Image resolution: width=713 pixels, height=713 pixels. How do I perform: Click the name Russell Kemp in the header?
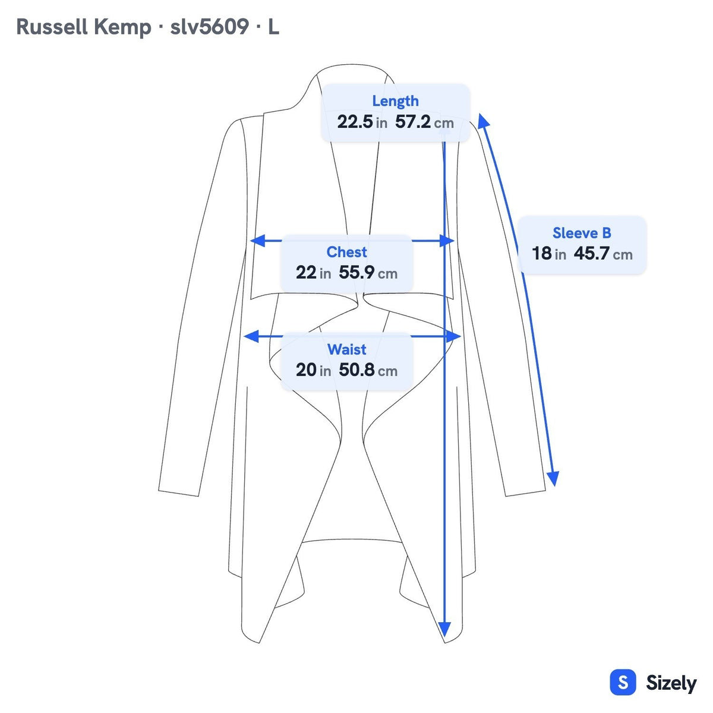point(84,27)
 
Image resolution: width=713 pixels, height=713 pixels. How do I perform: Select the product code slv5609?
point(209,27)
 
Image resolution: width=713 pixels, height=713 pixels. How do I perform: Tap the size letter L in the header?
point(273,27)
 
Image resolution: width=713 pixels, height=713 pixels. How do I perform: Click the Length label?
point(395,101)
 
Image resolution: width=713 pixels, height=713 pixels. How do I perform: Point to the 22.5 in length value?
point(362,122)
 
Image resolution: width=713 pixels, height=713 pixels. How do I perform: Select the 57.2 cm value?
point(424,122)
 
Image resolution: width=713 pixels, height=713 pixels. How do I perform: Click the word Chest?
point(346,252)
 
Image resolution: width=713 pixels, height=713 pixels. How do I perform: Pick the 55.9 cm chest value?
point(368,273)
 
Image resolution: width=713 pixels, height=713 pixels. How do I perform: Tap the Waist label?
point(346,349)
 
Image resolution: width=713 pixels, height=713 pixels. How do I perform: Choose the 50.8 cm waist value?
point(368,370)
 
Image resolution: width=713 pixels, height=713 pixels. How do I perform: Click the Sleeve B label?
point(582,233)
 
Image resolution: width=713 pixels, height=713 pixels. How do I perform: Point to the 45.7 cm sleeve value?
point(603,254)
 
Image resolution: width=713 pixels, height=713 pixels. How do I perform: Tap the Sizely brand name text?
point(671,683)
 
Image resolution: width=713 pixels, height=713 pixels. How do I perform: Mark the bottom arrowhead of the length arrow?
point(444,629)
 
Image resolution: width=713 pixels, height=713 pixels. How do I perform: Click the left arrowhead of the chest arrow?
point(257,241)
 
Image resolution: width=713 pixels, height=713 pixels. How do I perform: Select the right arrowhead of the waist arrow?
point(453,336)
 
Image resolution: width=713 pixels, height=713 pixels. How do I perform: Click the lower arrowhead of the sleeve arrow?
point(553,479)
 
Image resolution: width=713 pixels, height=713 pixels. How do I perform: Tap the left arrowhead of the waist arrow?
point(251,336)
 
